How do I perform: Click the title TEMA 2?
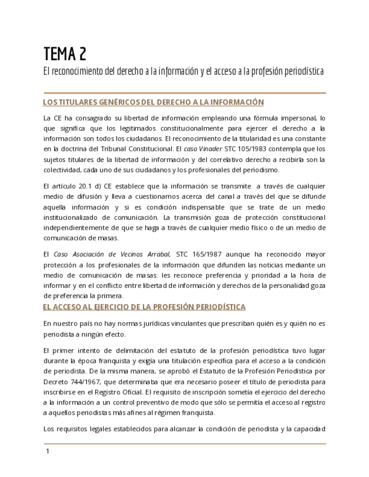(65, 54)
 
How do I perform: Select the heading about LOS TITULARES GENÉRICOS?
(154, 102)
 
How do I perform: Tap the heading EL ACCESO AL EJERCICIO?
(144, 307)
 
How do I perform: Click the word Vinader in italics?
(211, 149)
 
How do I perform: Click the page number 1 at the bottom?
(48, 452)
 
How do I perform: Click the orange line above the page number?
(184, 444)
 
